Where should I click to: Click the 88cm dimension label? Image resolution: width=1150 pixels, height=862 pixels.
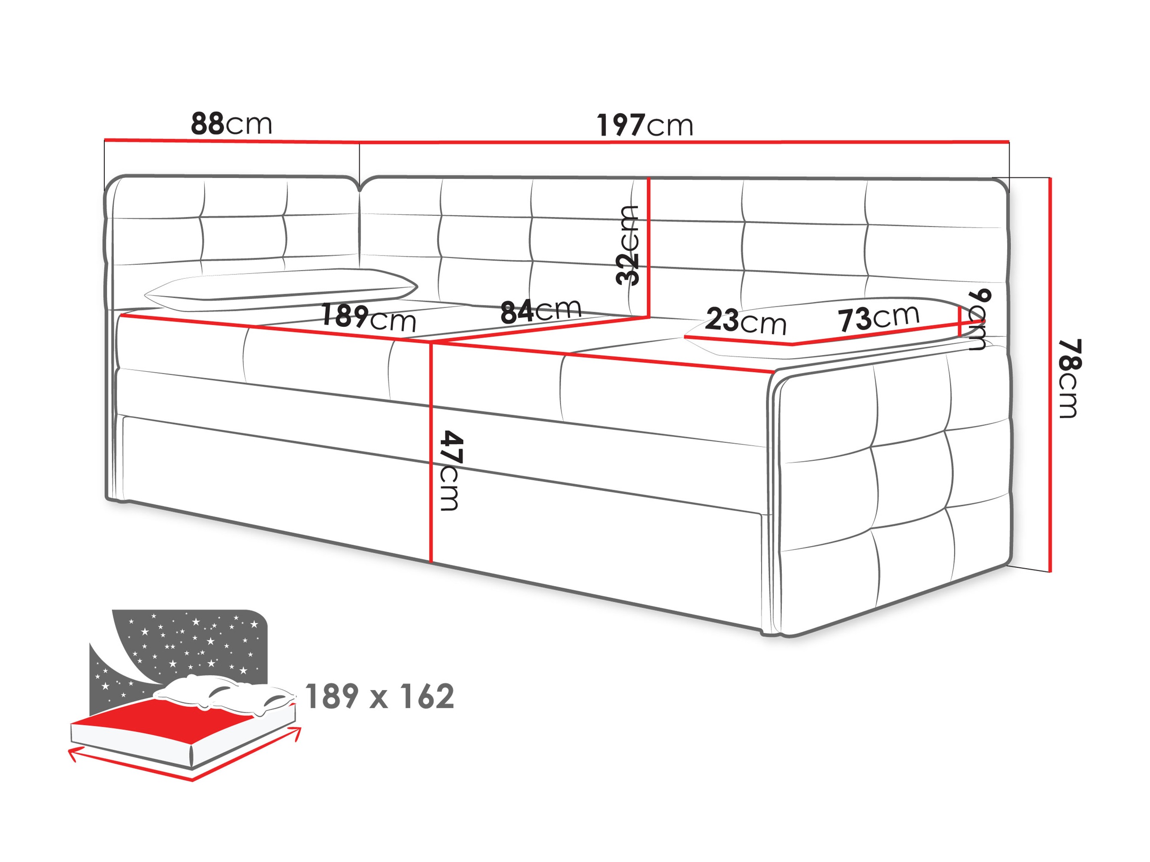231,124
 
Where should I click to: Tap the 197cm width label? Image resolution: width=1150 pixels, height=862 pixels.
645,125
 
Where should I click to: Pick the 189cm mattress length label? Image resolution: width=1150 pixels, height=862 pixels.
369,317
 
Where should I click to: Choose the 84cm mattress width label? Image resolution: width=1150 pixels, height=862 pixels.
541,311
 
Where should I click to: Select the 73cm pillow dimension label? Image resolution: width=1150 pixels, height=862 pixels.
879,317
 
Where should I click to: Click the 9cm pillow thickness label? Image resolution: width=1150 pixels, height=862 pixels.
978,319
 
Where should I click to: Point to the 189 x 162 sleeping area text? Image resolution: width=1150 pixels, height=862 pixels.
379,696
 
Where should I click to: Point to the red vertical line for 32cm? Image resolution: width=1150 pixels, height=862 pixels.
649,246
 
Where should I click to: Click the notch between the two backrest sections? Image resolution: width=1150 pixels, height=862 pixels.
359,186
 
